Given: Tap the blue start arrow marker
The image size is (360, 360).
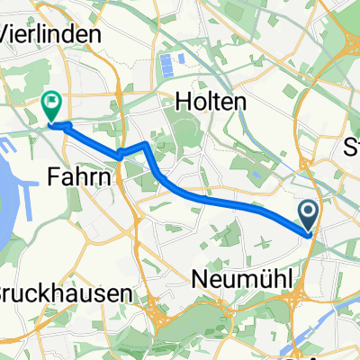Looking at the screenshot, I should tap(308, 216).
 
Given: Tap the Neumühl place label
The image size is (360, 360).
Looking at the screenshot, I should tap(244, 280).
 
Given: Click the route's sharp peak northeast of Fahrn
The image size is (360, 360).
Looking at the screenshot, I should tap(147, 144).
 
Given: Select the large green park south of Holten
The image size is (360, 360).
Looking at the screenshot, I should tap(185, 135).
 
